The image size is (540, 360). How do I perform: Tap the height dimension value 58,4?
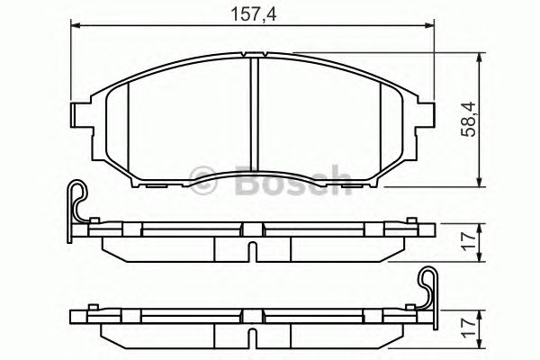[x=467, y=119]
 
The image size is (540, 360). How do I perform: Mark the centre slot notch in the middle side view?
[x=254, y=249]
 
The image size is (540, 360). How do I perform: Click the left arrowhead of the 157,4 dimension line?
[x=76, y=28]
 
